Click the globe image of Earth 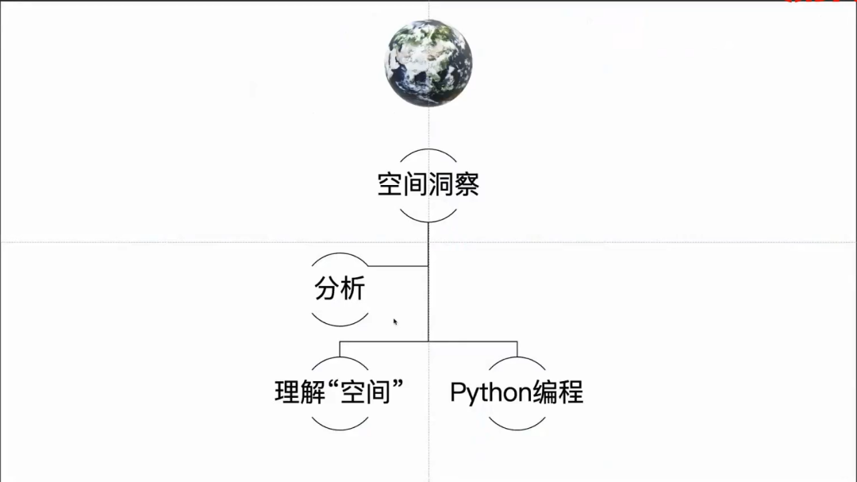[x=428, y=63]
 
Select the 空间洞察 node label [x=428, y=185]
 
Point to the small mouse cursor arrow [x=394, y=321]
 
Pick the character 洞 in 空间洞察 [x=441, y=185]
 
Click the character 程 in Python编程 [x=571, y=392]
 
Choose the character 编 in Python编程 [x=546, y=392]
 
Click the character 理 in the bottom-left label [x=287, y=392]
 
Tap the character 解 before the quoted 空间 [x=313, y=392]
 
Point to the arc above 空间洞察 [x=428, y=150]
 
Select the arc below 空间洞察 [x=428, y=219]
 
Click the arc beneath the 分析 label [x=340, y=322]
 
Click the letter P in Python [x=457, y=392]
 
